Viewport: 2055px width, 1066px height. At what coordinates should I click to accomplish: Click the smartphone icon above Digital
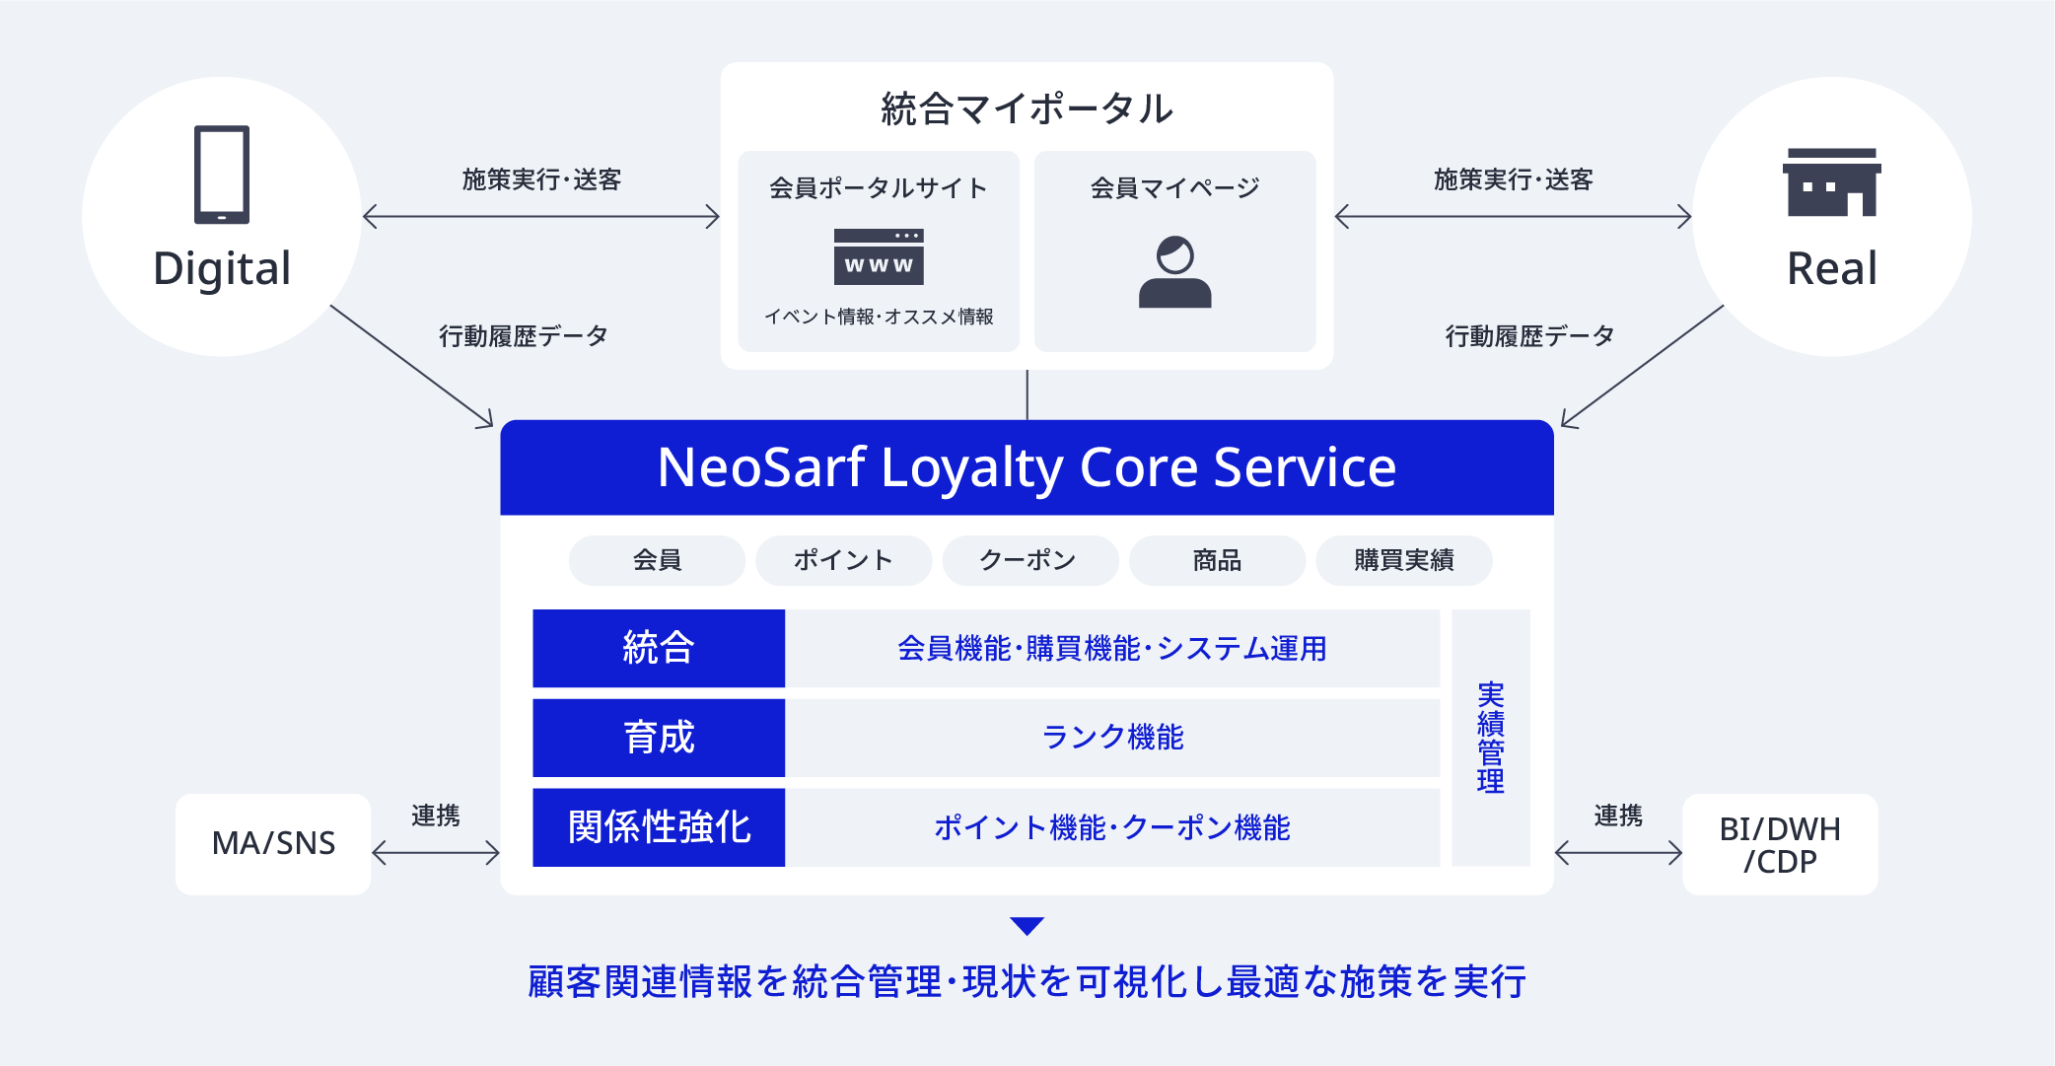(222, 175)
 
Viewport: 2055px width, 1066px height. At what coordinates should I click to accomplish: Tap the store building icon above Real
(1831, 182)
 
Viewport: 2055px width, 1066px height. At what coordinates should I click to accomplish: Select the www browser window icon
(879, 256)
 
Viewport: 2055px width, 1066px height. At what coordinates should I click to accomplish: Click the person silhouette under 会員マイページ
(1174, 272)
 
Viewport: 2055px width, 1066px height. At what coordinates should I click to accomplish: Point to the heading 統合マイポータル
(1027, 108)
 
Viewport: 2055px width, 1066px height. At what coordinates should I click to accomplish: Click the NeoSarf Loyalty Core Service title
(1027, 467)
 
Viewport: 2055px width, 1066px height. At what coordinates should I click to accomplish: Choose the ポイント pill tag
(843, 560)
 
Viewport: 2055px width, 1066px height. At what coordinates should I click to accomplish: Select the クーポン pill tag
(1029, 560)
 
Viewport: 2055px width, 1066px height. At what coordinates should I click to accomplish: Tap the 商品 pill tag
(1217, 560)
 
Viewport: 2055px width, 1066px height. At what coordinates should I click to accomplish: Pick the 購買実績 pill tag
(1403, 560)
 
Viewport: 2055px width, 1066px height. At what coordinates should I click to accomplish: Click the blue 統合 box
(659, 648)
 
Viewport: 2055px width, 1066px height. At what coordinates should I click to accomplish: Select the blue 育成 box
(659, 738)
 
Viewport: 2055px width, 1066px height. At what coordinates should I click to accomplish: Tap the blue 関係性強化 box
(659, 827)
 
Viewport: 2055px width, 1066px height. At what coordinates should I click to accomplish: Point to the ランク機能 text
(1112, 738)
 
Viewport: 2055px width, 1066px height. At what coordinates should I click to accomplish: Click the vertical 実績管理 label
(1490, 738)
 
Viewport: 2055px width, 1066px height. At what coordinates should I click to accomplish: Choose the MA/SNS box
(273, 844)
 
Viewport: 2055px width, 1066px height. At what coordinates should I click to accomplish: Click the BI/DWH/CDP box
(1780, 844)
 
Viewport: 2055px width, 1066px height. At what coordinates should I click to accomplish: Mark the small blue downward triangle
(1027, 925)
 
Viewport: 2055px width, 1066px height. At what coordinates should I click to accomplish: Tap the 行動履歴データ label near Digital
(523, 336)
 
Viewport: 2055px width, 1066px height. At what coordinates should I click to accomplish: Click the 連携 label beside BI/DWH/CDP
(1618, 816)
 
